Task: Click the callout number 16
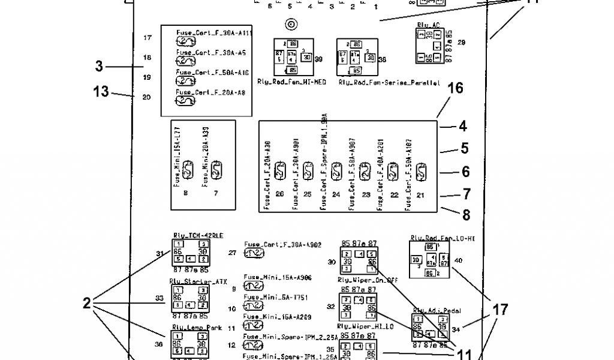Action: coord(455,89)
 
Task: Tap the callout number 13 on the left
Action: coord(101,92)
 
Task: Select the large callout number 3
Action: coord(99,67)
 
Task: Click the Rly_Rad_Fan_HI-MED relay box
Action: coord(296,57)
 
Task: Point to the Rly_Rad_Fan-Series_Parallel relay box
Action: coord(357,57)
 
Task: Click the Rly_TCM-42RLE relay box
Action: coord(190,254)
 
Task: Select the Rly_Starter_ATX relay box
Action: coord(190,298)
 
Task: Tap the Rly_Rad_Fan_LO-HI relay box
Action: coord(429,260)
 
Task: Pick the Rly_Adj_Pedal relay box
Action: coord(430,327)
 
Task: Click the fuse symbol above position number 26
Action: coord(279,173)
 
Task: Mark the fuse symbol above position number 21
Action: coord(420,173)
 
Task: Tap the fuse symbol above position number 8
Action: coord(186,170)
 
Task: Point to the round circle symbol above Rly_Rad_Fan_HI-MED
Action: coord(291,25)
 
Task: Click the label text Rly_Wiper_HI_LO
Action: coord(357,327)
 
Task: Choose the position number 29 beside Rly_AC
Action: coord(461,43)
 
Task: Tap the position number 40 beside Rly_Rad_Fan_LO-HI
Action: coord(458,260)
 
